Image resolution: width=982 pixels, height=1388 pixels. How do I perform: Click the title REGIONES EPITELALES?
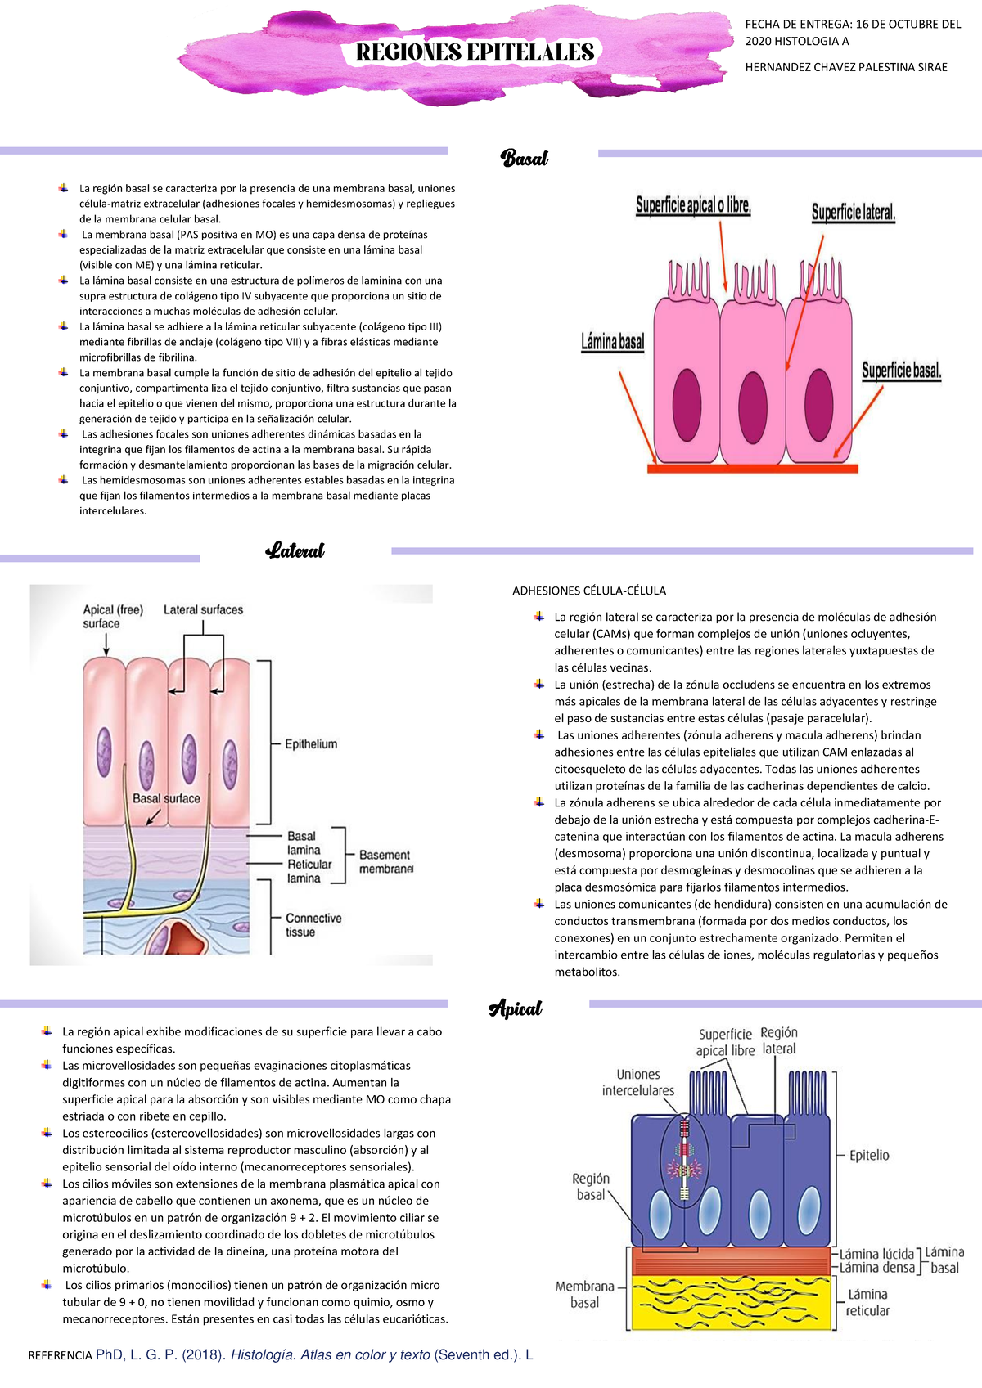click(475, 52)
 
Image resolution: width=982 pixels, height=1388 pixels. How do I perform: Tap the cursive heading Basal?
click(524, 158)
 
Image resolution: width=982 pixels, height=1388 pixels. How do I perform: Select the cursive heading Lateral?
click(295, 550)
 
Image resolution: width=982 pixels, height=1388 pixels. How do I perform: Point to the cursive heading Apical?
click(516, 1008)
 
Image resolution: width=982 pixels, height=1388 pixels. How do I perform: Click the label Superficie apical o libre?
click(693, 205)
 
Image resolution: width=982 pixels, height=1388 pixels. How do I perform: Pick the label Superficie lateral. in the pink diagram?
click(854, 213)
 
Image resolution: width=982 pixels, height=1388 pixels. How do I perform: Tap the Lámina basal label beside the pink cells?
click(613, 342)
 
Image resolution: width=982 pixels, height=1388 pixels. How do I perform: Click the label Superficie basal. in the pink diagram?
click(901, 371)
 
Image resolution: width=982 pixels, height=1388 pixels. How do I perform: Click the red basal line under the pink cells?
click(752, 469)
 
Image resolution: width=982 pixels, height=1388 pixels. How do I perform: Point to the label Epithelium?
click(311, 744)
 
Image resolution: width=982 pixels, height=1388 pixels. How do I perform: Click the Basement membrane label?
click(385, 861)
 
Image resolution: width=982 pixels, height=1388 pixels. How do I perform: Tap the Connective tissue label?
click(313, 925)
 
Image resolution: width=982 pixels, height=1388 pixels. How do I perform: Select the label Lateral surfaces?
click(203, 610)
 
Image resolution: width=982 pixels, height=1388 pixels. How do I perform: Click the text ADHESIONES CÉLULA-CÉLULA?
click(589, 591)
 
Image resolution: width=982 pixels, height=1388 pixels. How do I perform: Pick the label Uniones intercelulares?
click(638, 1082)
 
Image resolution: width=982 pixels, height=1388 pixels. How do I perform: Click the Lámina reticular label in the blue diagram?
click(867, 1302)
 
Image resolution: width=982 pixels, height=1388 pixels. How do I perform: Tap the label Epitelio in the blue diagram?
click(869, 1155)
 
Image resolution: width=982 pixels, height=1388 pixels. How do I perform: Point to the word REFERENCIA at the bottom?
click(60, 1355)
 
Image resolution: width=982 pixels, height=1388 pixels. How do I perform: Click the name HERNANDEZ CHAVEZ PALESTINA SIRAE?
click(846, 67)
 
